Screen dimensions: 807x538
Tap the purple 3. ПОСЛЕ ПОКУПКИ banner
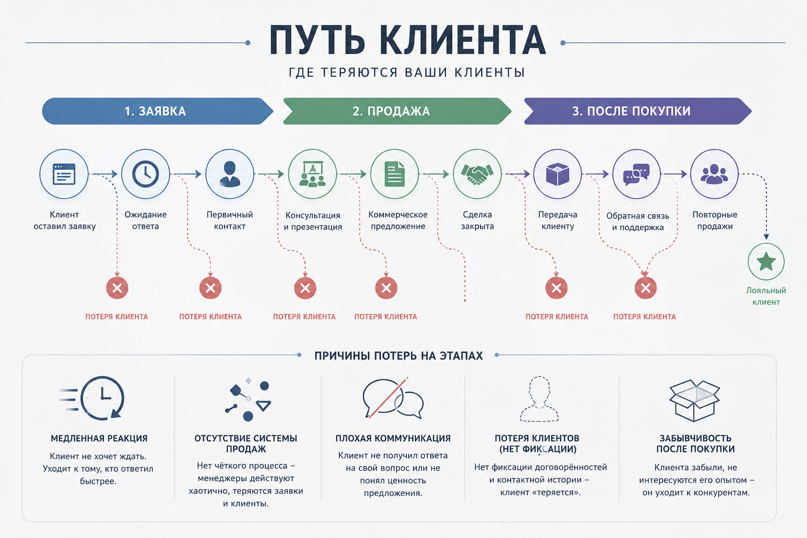click(638, 111)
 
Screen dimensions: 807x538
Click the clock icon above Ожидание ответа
click(146, 174)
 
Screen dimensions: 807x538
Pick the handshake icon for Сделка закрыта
click(477, 174)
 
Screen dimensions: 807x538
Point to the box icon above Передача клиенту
click(557, 174)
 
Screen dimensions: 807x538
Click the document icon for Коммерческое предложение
click(395, 174)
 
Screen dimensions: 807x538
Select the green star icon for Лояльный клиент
click(766, 262)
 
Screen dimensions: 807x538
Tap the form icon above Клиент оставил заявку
click(64, 174)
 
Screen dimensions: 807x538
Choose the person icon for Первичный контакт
click(230, 174)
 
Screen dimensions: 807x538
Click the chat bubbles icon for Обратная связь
click(636, 174)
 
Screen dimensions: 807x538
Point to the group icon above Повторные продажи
click(714, 174)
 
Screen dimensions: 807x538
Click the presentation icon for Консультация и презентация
click(313, 174)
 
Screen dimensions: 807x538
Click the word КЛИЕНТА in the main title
click(463, 40)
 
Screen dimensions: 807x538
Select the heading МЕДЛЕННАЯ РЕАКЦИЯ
click(99, 438)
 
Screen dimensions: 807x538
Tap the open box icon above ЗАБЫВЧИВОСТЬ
click(694, 400)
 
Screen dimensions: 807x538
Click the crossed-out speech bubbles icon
click(393, 398)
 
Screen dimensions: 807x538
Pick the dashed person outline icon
click(540, 399)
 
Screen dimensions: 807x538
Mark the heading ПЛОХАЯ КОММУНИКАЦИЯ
click(393, 438)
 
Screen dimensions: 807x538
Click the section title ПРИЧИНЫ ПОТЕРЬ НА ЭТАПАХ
click(398, 356)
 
